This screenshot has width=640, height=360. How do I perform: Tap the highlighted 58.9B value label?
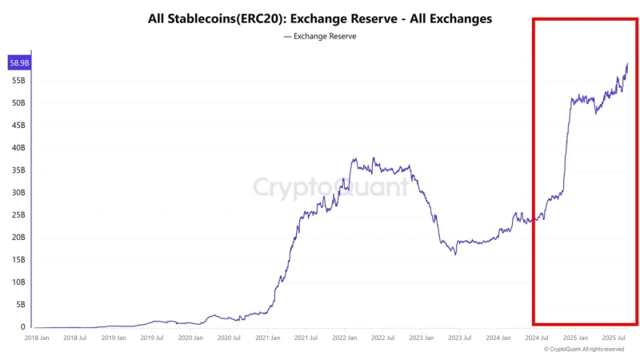coord(18,62)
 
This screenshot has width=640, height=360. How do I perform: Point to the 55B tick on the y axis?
coord(18,81)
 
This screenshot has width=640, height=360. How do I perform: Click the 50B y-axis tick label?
coord(18,103)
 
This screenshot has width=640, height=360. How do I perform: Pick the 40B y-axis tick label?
coord(18,148)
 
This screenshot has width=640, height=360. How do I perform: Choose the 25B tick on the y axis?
coord(18,215)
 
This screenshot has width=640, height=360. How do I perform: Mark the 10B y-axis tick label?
coord(18,282)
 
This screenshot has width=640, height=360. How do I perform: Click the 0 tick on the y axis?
coord(24,326)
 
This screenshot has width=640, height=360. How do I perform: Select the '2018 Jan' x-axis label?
coord(38,338)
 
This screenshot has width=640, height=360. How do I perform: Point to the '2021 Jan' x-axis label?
coord(268,338)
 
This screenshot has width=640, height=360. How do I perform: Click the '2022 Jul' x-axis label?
coord(382,338)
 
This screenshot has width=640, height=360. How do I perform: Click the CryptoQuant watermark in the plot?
coord(330,188)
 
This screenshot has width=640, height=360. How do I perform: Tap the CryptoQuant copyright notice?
coord(583,350)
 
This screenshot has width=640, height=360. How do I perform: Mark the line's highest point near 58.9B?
coord(627,63)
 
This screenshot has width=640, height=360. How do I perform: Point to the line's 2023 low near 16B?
coord(455,254)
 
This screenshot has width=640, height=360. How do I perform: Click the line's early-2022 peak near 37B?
coord(354,158)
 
